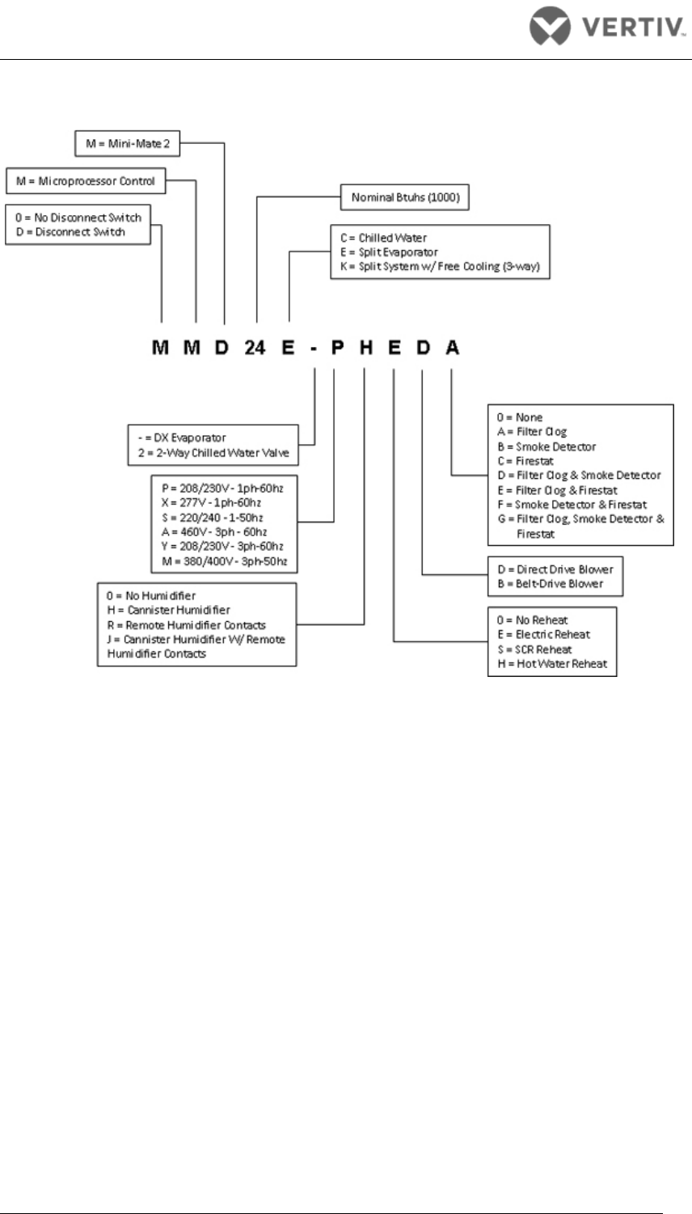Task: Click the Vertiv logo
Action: click(x=606, y=30)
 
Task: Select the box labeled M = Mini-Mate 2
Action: click(x=126, y=144)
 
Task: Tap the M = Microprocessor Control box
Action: click(x=86, y=181)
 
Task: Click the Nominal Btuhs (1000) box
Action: click(x=404, y=197)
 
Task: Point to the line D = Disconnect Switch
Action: click(x=70, y=232)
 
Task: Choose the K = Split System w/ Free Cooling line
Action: click(x=440, y=267)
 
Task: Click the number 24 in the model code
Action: click(x=255, y=348)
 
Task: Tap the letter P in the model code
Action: click(x=337, y=348)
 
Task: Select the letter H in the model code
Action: click(x=366, y=348)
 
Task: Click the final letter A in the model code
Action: click(x=453, y=348)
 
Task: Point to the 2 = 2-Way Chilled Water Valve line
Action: click(x=213, y=453)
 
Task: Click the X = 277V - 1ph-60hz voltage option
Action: click(x=211, y=503)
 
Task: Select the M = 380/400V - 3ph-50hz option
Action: click(x=224, y=561)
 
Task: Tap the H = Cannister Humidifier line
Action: click(x=167, y=611)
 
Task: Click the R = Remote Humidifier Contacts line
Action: click(x=185, y=625)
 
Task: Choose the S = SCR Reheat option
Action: click(x=534, y=649)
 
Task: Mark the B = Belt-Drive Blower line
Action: click(x=550, y=584)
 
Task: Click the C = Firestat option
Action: click(x=525, y=461)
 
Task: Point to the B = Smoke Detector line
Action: click(x=546, y=446)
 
